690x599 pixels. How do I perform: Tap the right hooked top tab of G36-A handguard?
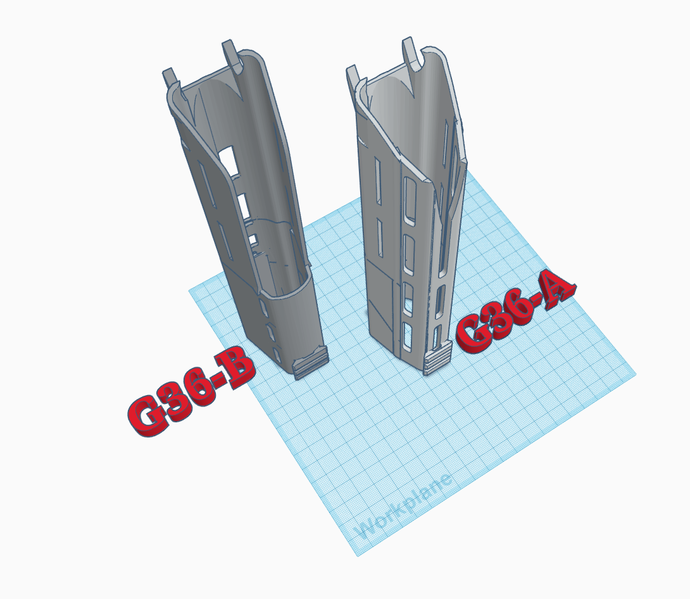coord(412,53)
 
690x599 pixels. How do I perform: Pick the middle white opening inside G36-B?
coord(244,205)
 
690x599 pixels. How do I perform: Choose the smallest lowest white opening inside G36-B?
coord(253,239)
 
